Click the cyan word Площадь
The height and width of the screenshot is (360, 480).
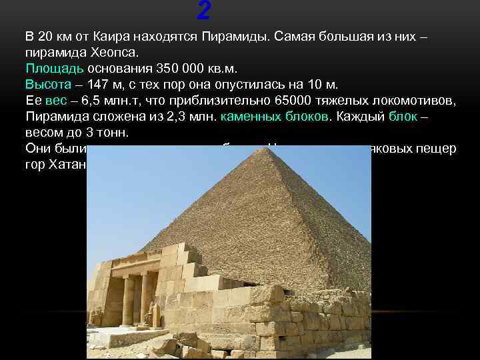tap(55, 68)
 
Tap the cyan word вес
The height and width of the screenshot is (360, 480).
tap(57, 100)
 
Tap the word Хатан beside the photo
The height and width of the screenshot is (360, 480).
tap(67, 164)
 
